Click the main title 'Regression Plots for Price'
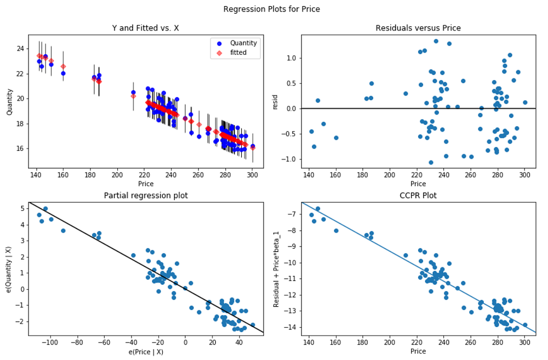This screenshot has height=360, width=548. tap(272, 9)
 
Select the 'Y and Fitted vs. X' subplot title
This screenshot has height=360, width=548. tap(145, 28)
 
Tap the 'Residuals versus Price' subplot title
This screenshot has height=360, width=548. tap(418, 28)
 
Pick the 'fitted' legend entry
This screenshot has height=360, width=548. tap(238, 53)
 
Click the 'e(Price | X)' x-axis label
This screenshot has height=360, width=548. tap(145, 351)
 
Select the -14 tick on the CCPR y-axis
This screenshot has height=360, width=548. tap(291, 327)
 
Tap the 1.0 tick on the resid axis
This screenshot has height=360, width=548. tap(290, 58)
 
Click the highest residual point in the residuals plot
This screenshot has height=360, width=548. tap(436, 41)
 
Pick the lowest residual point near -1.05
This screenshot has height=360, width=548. tap(431, 162)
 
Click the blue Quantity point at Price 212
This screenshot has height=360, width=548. tap(133, 93)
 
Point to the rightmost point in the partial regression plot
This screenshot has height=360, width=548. tap(253, 325)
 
